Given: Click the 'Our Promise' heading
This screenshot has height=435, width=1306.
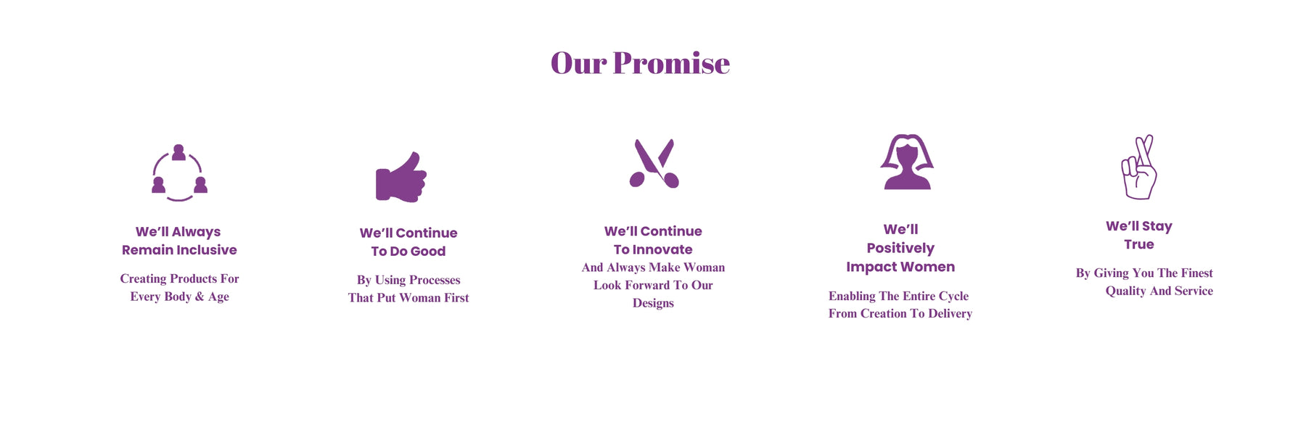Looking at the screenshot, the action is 640,63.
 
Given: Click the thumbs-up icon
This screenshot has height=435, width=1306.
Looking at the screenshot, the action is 401,177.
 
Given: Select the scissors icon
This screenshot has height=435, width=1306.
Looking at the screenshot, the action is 654,164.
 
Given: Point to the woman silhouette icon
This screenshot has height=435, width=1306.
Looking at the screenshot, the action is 907,162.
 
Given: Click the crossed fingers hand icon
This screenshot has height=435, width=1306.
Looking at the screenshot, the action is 1139,167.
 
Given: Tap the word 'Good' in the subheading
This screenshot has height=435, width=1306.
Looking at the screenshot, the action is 428,252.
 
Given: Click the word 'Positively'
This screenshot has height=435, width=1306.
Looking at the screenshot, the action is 900,249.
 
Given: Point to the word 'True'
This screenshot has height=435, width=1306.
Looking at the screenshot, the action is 1139,245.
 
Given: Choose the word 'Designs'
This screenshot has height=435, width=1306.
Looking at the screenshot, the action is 653,303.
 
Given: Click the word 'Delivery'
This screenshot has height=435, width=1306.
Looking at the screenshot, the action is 948,314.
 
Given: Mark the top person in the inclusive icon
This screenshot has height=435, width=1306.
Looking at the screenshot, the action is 178,152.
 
